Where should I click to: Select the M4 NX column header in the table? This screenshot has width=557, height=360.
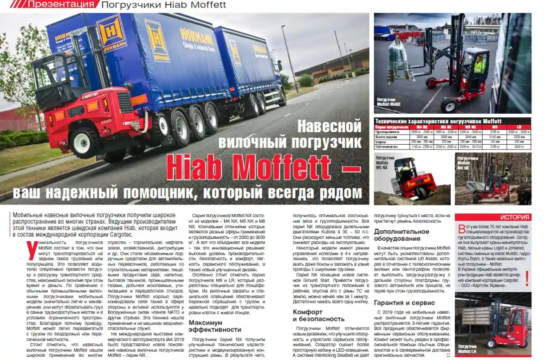coord(421,127)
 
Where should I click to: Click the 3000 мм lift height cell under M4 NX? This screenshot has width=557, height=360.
coord(421,137)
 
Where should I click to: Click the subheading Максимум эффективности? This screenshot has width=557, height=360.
coord(214,326)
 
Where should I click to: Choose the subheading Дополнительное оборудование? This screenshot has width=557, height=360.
coord(401,235)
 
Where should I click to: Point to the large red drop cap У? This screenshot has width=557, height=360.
coord(32,250)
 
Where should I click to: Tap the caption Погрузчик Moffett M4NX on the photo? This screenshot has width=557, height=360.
coord(388,103)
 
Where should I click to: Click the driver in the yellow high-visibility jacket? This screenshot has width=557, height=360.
coord(479,65)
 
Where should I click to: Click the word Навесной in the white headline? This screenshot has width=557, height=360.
coord(329,126)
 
